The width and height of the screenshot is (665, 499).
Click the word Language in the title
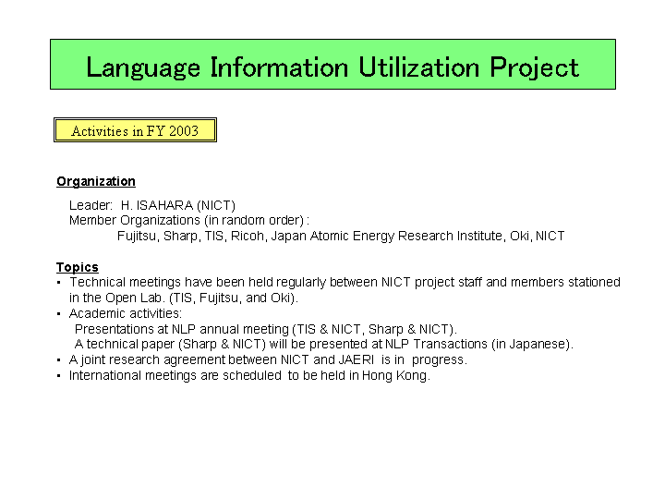pos(143,67)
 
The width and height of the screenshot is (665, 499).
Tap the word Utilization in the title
pos(419,67)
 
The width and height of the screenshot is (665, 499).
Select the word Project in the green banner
pos(535,67)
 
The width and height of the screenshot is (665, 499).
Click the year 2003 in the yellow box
pos(184,130)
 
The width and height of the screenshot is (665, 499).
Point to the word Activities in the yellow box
pos(100,130)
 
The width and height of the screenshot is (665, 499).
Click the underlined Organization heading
pos(96,182)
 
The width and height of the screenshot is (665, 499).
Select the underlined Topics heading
pos(78,267)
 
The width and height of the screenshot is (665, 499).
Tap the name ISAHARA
pos(164,205)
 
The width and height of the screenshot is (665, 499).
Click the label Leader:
pos(91,205)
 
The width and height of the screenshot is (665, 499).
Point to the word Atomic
pos(328,236)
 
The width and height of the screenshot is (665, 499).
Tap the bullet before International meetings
pos(59,376)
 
